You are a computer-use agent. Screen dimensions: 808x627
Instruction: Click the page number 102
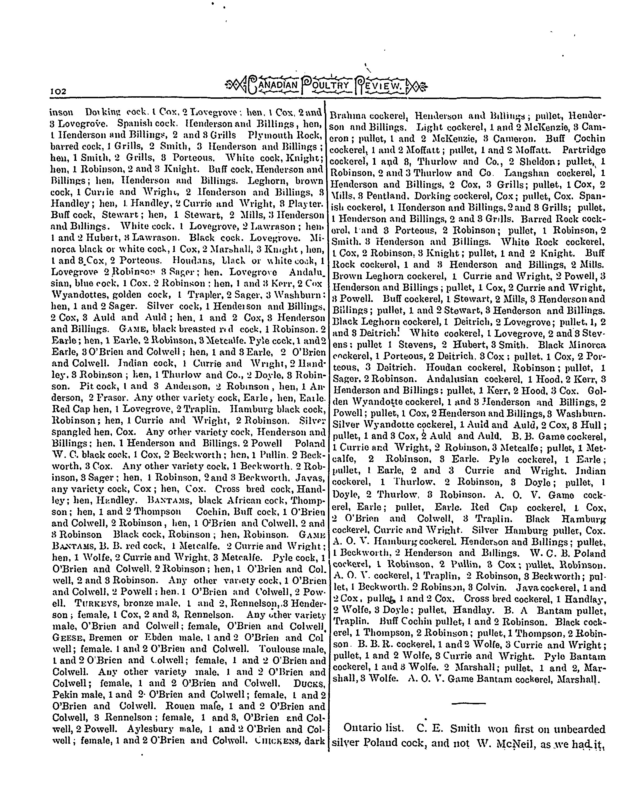tap(58, 91)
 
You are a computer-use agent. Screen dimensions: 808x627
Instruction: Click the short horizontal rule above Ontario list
tap(469, 703)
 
